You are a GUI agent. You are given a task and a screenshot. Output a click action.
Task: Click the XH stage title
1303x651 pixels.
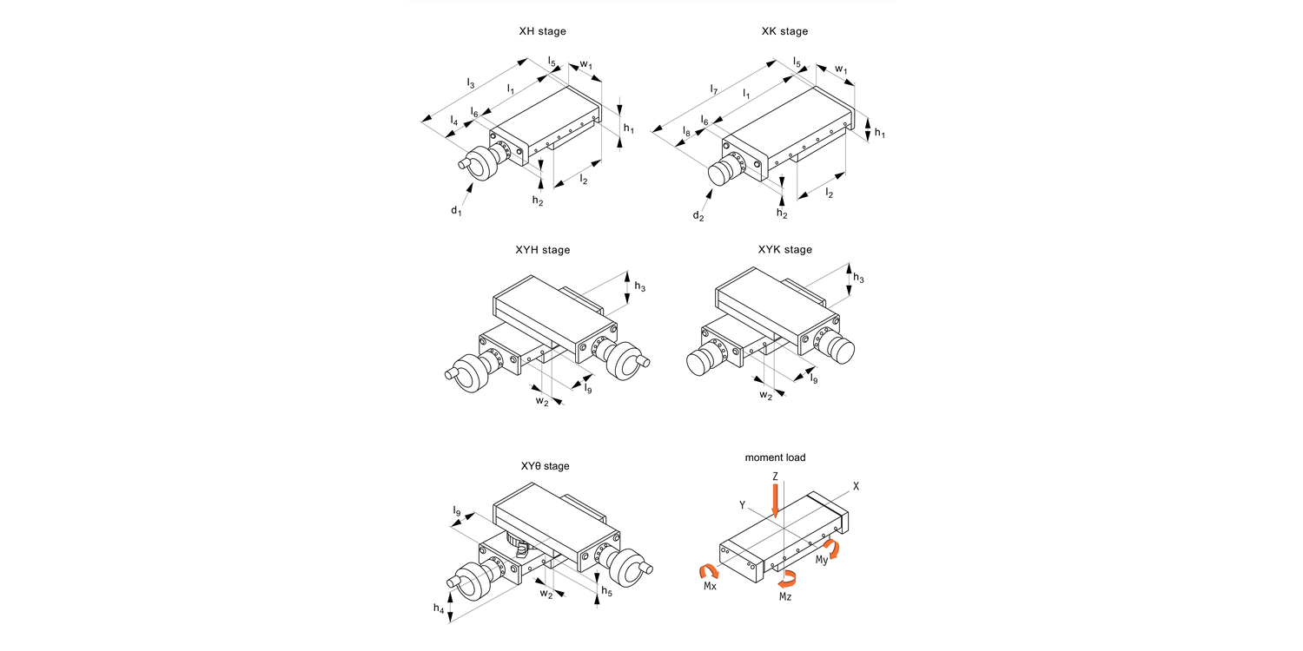click(x=542, y=31)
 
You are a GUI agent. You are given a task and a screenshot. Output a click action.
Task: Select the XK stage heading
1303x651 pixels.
click(x=784, y=31)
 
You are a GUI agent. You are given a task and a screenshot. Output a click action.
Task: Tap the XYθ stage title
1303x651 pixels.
click(x=545, y=466)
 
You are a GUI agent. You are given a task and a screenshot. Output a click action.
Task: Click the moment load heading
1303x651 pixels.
click(x=774, y=457)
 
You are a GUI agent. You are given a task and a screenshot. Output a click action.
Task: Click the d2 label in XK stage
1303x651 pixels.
click(x=698, y=216)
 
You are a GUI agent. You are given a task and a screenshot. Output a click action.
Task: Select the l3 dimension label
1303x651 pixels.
click(x=471, y=84)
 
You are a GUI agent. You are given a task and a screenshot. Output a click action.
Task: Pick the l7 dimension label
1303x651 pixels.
click(x=713, y=89)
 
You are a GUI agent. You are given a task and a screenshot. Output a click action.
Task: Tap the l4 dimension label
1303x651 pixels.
click(x=454, y=122)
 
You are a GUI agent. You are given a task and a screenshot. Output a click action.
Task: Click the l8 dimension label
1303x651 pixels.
click(x=686, y=133)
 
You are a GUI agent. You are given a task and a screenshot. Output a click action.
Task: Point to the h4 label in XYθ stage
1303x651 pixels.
click(x=440, y=610)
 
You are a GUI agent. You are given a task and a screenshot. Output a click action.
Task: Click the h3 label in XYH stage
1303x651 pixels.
click(x=640, y=287)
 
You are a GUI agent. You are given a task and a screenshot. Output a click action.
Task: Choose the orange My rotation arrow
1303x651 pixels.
click(x=834, y=548)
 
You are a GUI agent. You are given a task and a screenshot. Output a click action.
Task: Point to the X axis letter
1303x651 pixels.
click(x=856, y=487)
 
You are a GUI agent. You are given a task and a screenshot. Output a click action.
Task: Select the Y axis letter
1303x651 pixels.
click(x=742, y=504)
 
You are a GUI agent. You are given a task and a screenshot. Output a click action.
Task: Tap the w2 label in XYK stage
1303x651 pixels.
click(x=765, y=396)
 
